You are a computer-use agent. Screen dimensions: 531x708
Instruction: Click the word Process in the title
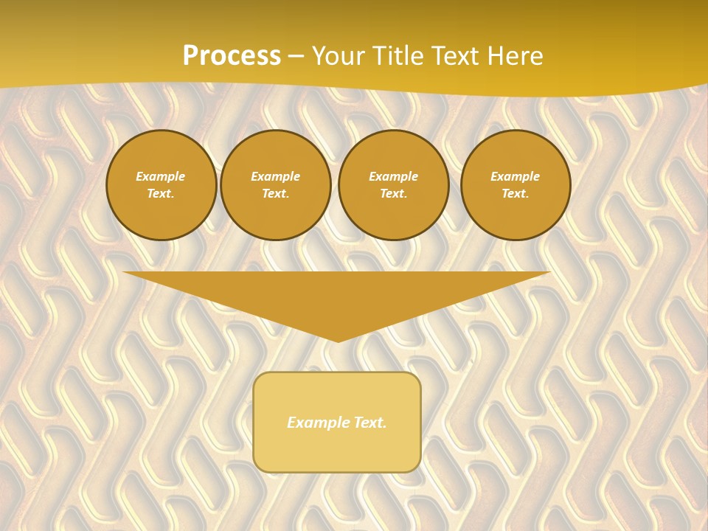tap(232, 56)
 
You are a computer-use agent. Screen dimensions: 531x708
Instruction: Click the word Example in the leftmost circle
tap(161, 176)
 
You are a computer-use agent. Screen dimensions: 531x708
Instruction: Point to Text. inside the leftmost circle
tap(161, 194)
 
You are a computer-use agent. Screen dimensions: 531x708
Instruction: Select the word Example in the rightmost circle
tap(515, 176)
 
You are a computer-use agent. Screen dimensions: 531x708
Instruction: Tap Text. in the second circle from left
tap(275, 194)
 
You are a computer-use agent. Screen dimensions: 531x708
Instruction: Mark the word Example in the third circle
tap(393, 176)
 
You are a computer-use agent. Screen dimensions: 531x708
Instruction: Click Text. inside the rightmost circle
tap(515, 194)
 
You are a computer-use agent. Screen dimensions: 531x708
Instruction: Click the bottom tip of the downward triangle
tap(338, 340)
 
